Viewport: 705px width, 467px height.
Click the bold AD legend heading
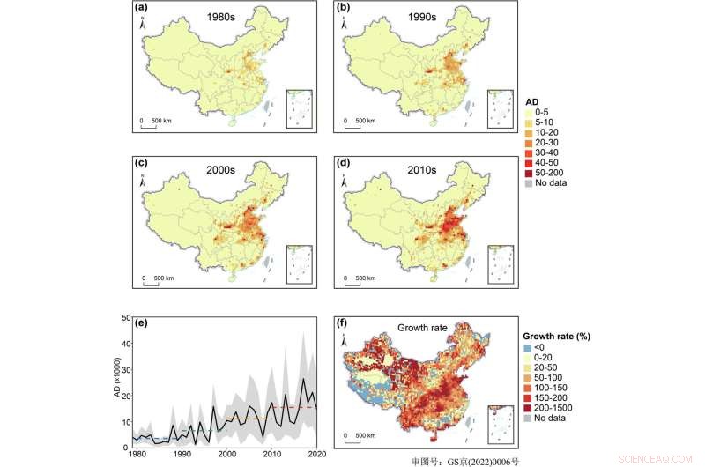531,100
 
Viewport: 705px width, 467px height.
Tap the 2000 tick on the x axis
226,454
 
